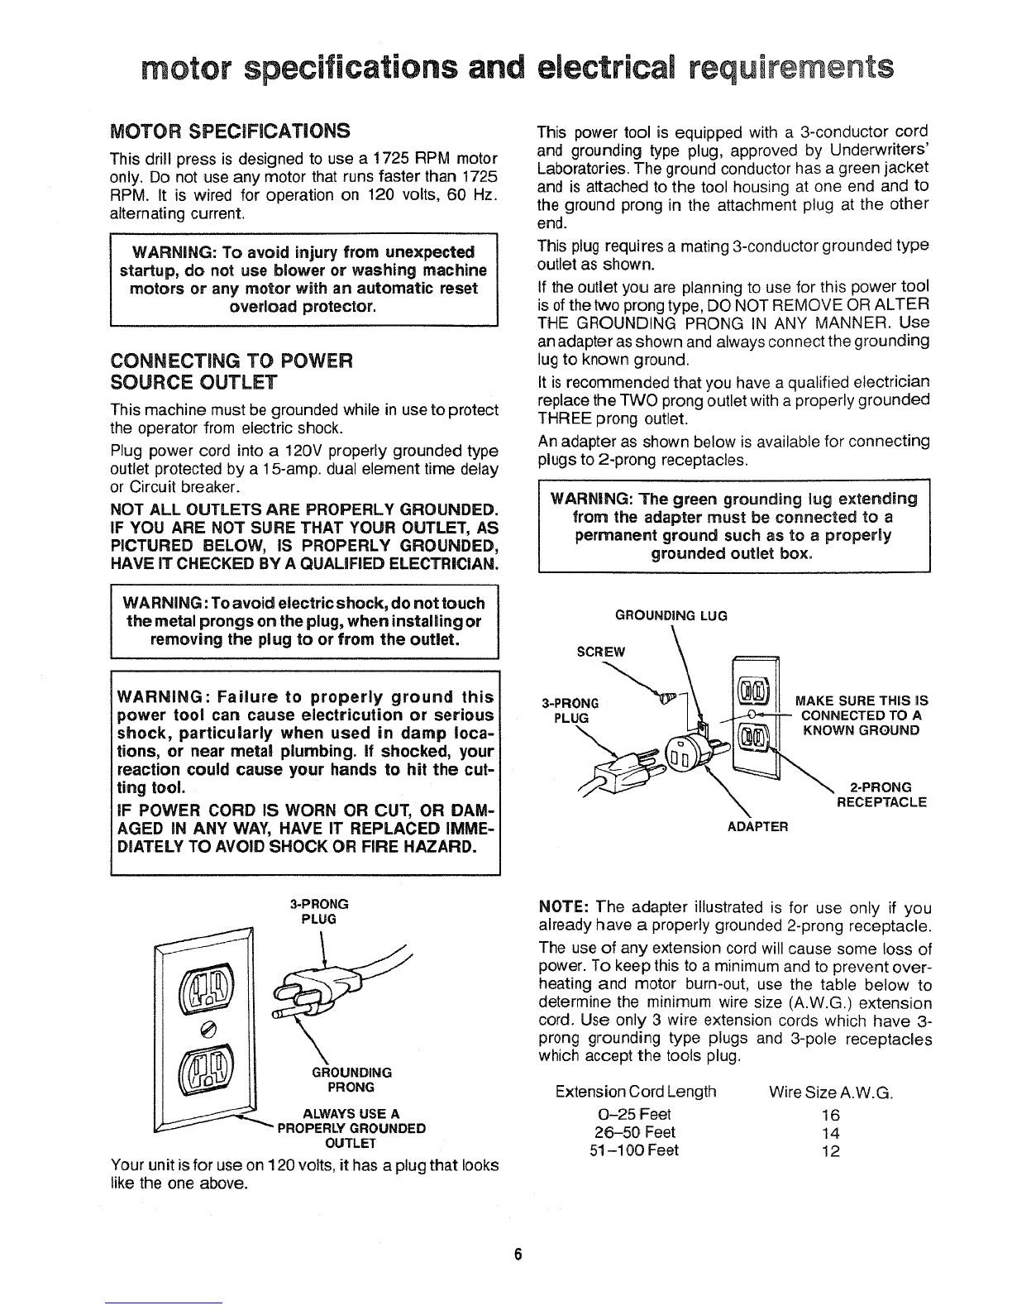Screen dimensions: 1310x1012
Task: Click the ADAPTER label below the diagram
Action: click(758, 825)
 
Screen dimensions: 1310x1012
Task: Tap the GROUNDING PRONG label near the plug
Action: click(351, 1079)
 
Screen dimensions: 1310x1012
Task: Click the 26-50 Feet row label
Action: click(634, 1133)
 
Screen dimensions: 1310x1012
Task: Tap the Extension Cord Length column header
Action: click(636, 1093)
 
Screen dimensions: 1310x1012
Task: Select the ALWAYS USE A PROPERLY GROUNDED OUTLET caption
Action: click(351, 1127)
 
